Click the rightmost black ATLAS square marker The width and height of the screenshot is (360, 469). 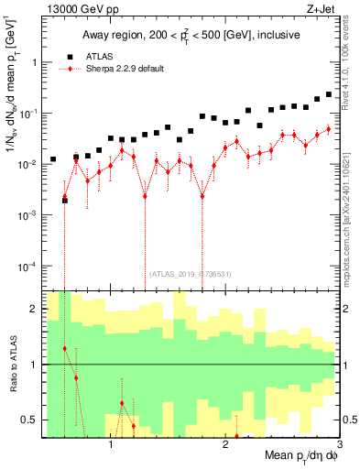click(329, 93)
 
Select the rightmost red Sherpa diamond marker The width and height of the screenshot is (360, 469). click(329, 128)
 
